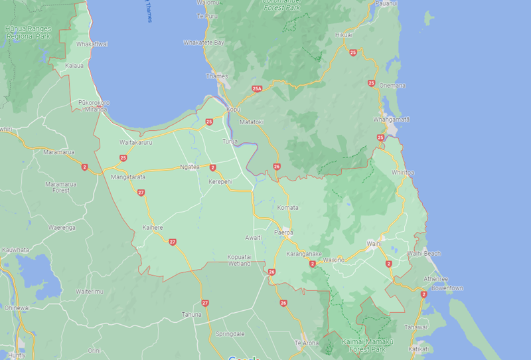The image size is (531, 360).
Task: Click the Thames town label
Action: click(x=217, y=76)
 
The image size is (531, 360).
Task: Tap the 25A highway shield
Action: click(x=258, y=88)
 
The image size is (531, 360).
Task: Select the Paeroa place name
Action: click(x=285, y=233)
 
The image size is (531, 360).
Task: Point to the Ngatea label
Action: click(x=190, y=167)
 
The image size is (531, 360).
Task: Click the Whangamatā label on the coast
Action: click(x=392, y=119)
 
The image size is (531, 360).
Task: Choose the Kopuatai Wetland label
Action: click(x=239, y=260)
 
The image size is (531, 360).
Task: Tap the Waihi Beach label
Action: click(x=423, y=254)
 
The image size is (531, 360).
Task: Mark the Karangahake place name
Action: click(x=304, y=254)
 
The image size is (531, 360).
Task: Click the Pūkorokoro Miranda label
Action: click(x=94, y=106)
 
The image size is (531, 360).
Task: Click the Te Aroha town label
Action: click(x=307, y=343)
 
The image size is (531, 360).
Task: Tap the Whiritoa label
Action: click(x=403, y=172)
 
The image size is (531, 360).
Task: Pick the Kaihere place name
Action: click(x=153, y=227)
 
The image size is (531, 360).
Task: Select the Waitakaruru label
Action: click(x=135, y=143)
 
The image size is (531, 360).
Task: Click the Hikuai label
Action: click(x=344, y=34)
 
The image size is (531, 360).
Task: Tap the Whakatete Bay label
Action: click(x=204, y=43)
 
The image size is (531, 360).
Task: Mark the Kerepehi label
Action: click(x=220, y=181)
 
